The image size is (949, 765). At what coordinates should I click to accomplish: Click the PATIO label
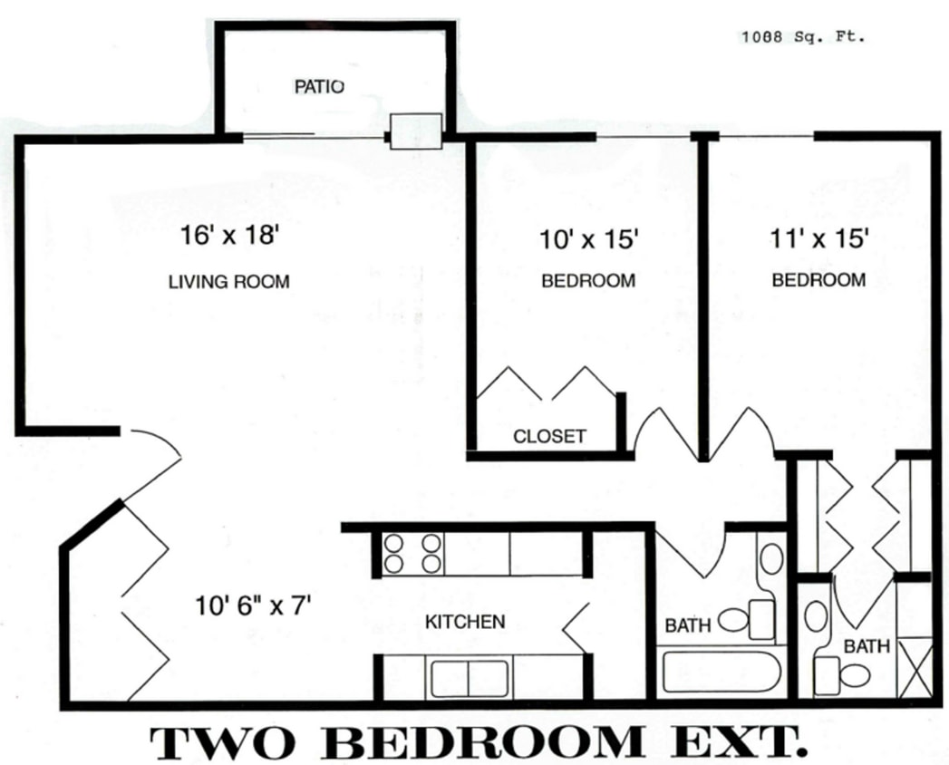319,87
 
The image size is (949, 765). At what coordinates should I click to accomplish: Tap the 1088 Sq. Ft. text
803,37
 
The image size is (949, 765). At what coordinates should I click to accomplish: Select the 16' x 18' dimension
228,237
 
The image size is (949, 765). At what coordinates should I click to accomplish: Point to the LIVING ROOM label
229,282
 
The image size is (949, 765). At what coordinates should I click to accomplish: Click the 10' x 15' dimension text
590,240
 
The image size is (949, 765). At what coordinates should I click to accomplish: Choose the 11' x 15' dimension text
818,238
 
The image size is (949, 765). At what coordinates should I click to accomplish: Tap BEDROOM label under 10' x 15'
588,281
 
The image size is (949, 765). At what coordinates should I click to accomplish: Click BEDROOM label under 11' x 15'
818,280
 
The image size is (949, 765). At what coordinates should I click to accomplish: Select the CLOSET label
549,436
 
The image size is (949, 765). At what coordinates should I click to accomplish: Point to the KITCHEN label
465,622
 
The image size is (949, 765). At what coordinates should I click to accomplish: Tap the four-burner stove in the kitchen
412,553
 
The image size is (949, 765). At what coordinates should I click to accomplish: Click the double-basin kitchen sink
469,678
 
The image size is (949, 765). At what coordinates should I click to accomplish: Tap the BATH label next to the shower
867,646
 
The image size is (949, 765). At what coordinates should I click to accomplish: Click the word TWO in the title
223,742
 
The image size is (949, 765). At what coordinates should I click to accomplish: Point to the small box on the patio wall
415,131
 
